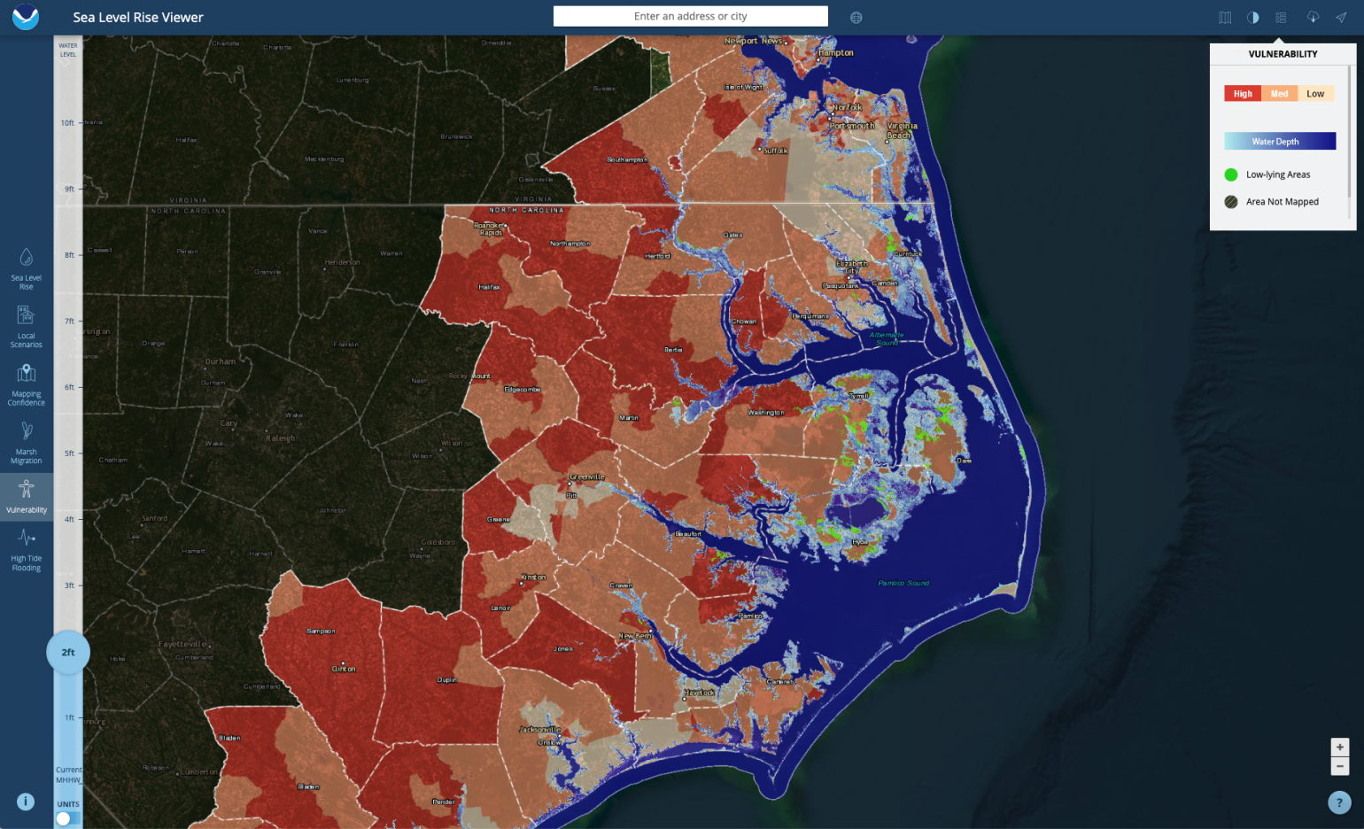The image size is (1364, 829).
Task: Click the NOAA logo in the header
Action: click(26, 17)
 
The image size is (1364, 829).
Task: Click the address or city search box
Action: click(690, 16)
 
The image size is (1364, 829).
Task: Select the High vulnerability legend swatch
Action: click(1243, 94)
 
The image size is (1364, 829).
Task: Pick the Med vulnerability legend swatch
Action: click(1279, 94)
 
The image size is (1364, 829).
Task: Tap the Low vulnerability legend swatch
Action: click(1315, 94)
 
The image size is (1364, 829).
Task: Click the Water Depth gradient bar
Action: click(1279, 142)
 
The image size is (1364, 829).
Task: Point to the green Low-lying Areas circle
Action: click(1231, 174)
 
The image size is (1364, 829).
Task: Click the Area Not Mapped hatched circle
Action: click(1231, 202)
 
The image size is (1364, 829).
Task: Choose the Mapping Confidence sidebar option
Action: click(27, 384)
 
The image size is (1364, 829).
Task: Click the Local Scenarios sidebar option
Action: click(27, 326)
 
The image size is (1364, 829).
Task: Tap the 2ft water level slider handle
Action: click(68, 653)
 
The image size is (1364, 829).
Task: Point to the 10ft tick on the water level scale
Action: click(68, 123)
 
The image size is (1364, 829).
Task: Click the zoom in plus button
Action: click(1340, 748)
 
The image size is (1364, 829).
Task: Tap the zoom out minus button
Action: click(1340, 766)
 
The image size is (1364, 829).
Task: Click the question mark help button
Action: click(1339, 802)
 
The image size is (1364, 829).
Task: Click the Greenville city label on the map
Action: click(587, 477)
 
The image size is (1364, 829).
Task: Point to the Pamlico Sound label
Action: click(903, 583)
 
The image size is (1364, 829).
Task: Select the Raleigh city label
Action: click(280, 438)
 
